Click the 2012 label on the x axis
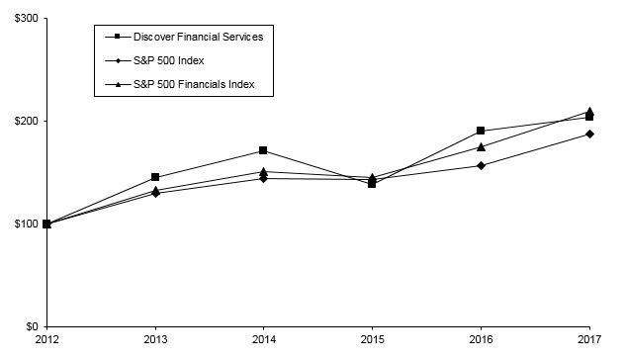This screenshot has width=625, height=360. point(46,342)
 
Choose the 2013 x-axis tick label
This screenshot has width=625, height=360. point(155,342)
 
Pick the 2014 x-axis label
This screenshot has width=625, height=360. point(263,342)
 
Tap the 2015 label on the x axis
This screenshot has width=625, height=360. point(372,342)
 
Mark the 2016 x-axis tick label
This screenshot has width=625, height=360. point(481,342)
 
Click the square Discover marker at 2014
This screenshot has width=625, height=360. point(263,150)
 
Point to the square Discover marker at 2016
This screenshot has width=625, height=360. point(481,131)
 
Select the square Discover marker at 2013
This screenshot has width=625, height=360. point(155,177)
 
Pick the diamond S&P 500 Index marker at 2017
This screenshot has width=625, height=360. point(589,134)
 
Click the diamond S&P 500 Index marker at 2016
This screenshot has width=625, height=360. point(481,165)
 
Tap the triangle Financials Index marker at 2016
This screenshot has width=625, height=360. point(481,146)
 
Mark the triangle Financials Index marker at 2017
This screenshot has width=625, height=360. point(589,111)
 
